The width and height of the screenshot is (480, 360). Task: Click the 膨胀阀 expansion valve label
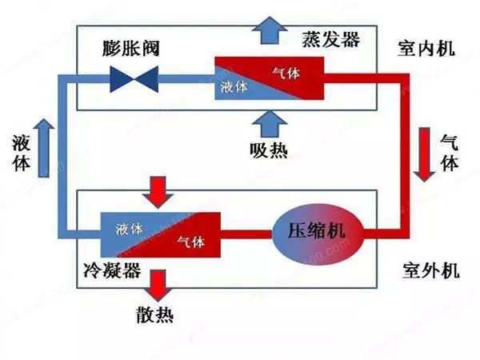(132, 47)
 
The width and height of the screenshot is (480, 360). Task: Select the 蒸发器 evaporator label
(331, 38)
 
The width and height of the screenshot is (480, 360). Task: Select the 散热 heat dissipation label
(161, 313)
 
